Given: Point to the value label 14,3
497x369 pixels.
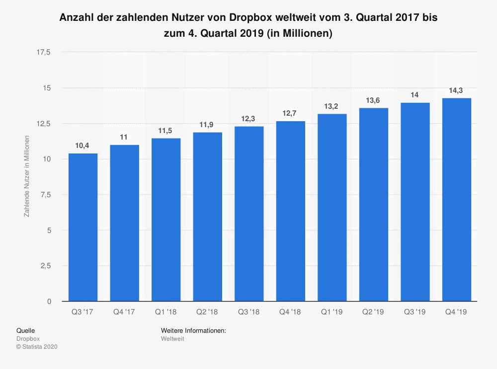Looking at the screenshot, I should (x=457, y=90).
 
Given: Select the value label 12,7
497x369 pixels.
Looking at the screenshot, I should (x=291, y=113).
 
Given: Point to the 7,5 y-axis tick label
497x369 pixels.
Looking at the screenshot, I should (x=46, y=195).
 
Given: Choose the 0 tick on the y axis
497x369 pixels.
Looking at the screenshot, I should (x=49, y=301).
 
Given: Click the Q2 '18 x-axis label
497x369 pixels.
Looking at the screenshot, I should (x=207, y=312).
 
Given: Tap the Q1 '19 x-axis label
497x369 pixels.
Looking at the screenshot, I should (x=332, y=312).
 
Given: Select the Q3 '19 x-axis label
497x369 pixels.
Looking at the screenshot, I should (x=415, y=312).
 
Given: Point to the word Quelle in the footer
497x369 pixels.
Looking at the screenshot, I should (x=26, y=330).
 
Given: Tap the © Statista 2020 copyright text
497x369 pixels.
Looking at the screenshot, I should (x=37, y=347).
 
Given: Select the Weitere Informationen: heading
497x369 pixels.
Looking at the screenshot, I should (x=194, y=330).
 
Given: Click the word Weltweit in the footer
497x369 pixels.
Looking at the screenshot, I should (x=172, y=338).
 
